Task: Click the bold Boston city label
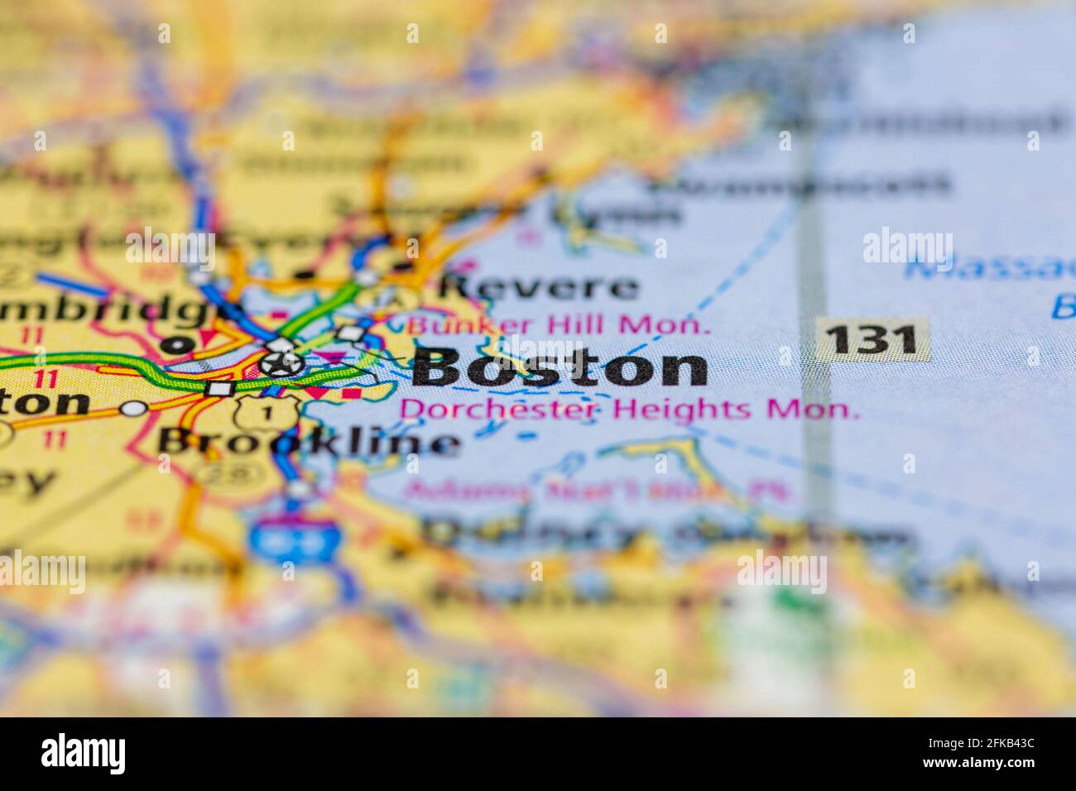click(560, 368)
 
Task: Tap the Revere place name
click(538, 288)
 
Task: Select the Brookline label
click(308, 442)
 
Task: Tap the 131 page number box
click(872, 339)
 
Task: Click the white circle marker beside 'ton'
click(132, 407)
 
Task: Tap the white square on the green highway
click(219, 388)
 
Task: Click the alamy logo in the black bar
click(84, 754)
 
